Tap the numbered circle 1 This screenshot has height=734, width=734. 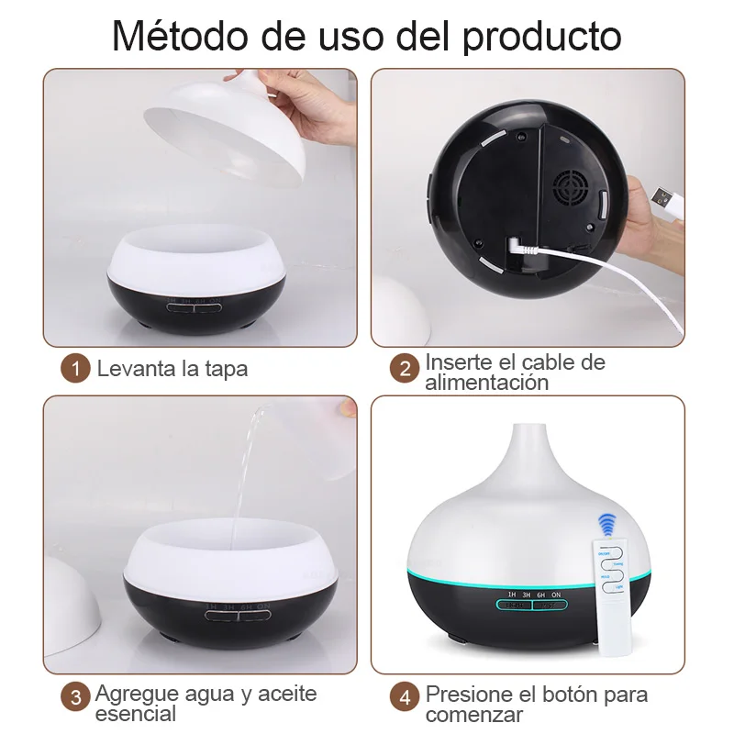(76, 370)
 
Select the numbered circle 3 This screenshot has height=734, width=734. (76, 695)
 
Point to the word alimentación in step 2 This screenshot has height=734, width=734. (486, 382)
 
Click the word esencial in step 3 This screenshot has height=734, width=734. (136, 713)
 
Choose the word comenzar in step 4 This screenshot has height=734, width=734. (473, 714)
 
